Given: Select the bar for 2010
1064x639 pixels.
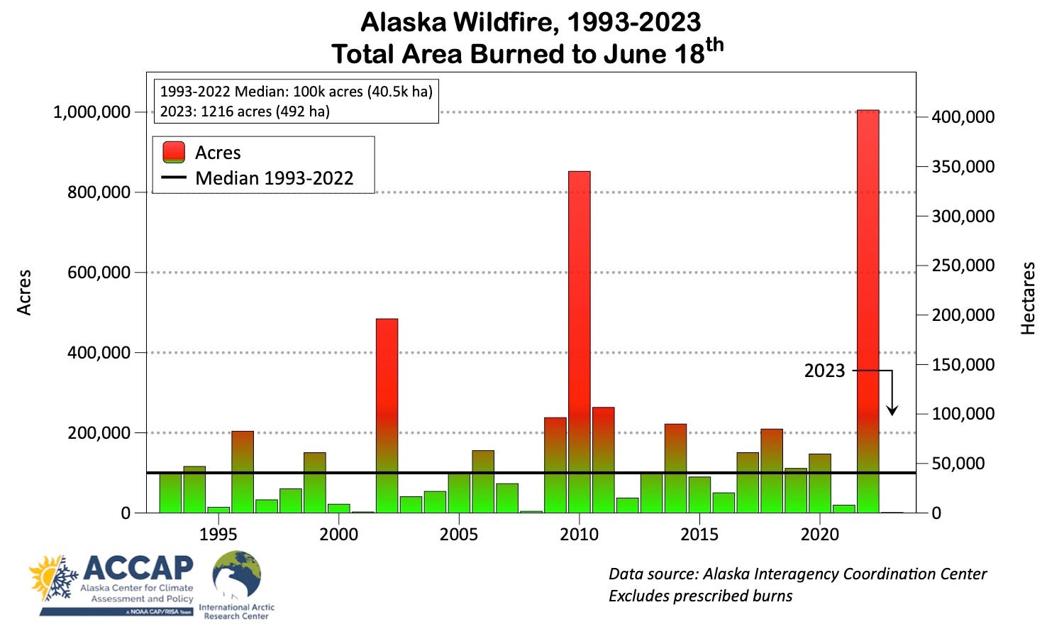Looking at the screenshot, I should pos(580,342).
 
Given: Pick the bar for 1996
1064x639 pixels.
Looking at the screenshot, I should pos(243,471).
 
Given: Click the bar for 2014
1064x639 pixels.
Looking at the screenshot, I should pos(675,468).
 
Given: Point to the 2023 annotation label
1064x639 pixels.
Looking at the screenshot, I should pos(824,371).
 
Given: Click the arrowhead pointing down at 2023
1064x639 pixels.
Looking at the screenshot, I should pos(892,410).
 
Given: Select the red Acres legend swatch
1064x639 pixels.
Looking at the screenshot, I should pos(174,153).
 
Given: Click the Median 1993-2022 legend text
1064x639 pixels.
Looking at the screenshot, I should pos(275,178).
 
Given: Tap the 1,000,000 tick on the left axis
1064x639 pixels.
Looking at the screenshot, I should pos(92,112).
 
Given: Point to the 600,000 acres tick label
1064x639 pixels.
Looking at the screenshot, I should pos(99,273).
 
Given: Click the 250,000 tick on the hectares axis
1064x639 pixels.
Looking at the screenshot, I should pos(963,266).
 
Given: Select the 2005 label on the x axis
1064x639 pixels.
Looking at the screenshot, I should pos(459,535).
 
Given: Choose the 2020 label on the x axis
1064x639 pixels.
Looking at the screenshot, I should pos(820,535).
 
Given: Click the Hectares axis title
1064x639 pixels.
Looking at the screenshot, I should pos(1028,298).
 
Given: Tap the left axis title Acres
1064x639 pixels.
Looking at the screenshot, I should pos(25,292).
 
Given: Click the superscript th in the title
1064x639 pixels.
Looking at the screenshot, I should pos(714,45).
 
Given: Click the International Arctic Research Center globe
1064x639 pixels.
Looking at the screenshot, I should pos(237,574).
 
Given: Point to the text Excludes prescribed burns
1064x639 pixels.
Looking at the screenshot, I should pos(700,596).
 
